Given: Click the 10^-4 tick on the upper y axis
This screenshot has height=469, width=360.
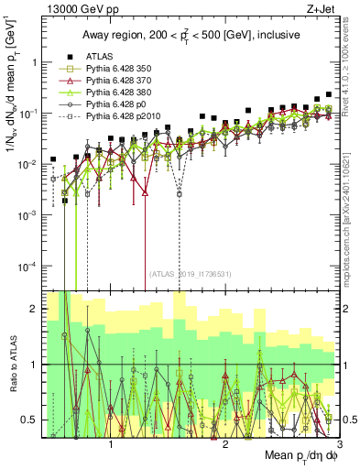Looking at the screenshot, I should [34, 266].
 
